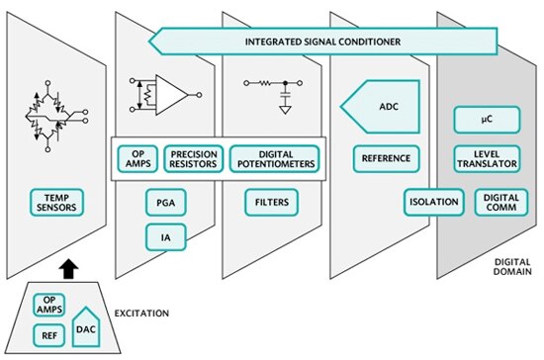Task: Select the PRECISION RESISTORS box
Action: pyautogui.click(x=194, y=159)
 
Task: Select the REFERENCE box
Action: pyautogui.click(x=387, y=159)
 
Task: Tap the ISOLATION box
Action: pyautogui.click(x=433, y=203)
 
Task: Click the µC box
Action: pyautogui.click(x=486, y=121)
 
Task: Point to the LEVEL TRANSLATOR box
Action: pyautogui.click(x=485, y=159)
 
